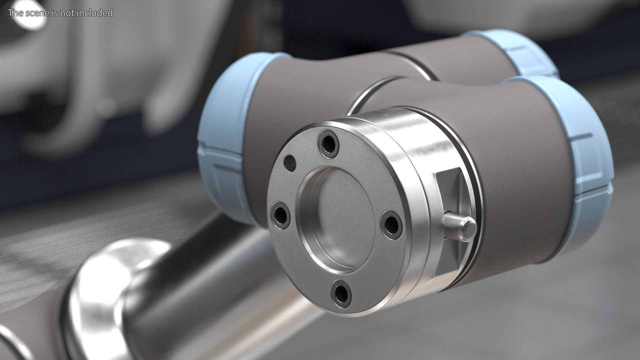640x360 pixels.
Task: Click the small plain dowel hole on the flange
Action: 289,163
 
